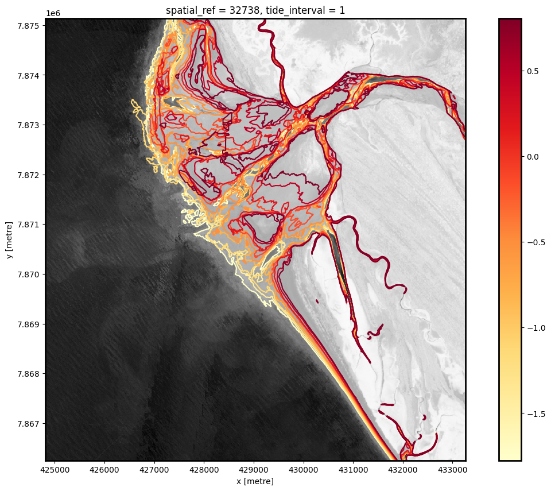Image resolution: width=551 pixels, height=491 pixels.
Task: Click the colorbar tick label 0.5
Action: (x=533, y=71)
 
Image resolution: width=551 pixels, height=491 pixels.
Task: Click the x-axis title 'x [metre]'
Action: (x=255, y=481)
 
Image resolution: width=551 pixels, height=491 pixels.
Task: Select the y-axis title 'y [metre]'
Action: (x=9, y=239)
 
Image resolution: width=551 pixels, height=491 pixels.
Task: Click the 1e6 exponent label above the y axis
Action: (x=53, y=13)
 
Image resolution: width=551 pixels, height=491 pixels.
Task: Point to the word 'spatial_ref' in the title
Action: (x=188, y=9)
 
